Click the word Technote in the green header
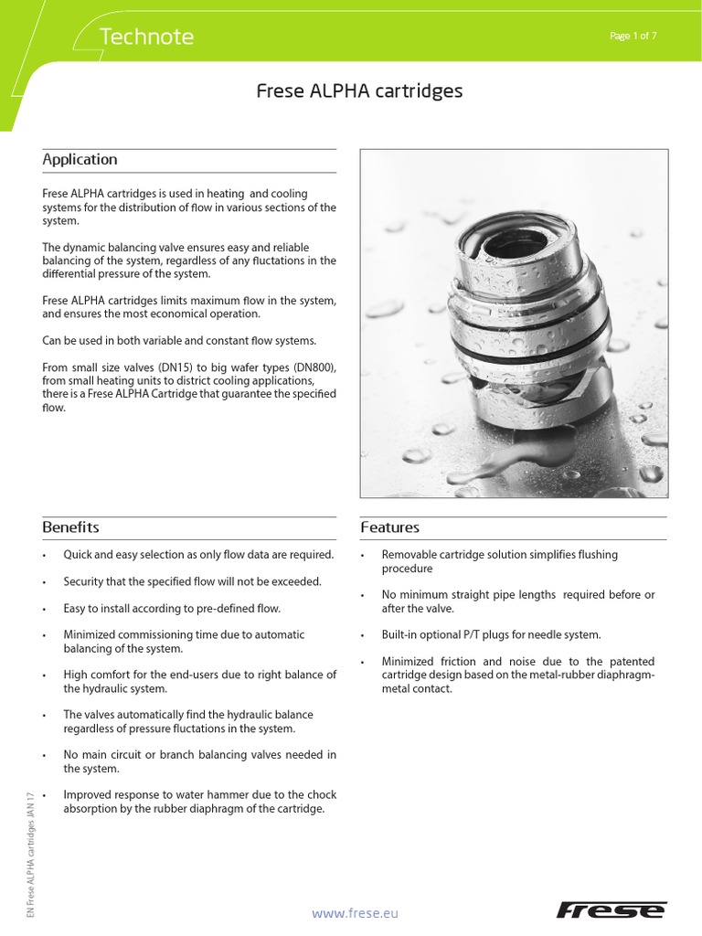145,37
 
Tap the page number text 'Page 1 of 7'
632,36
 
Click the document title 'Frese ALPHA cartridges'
358,91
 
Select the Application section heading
80,160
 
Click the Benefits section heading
70,527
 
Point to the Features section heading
390,527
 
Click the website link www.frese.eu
355,912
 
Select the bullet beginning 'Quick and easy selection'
197,555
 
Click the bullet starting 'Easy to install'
171,608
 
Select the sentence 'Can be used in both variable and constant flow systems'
179,341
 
